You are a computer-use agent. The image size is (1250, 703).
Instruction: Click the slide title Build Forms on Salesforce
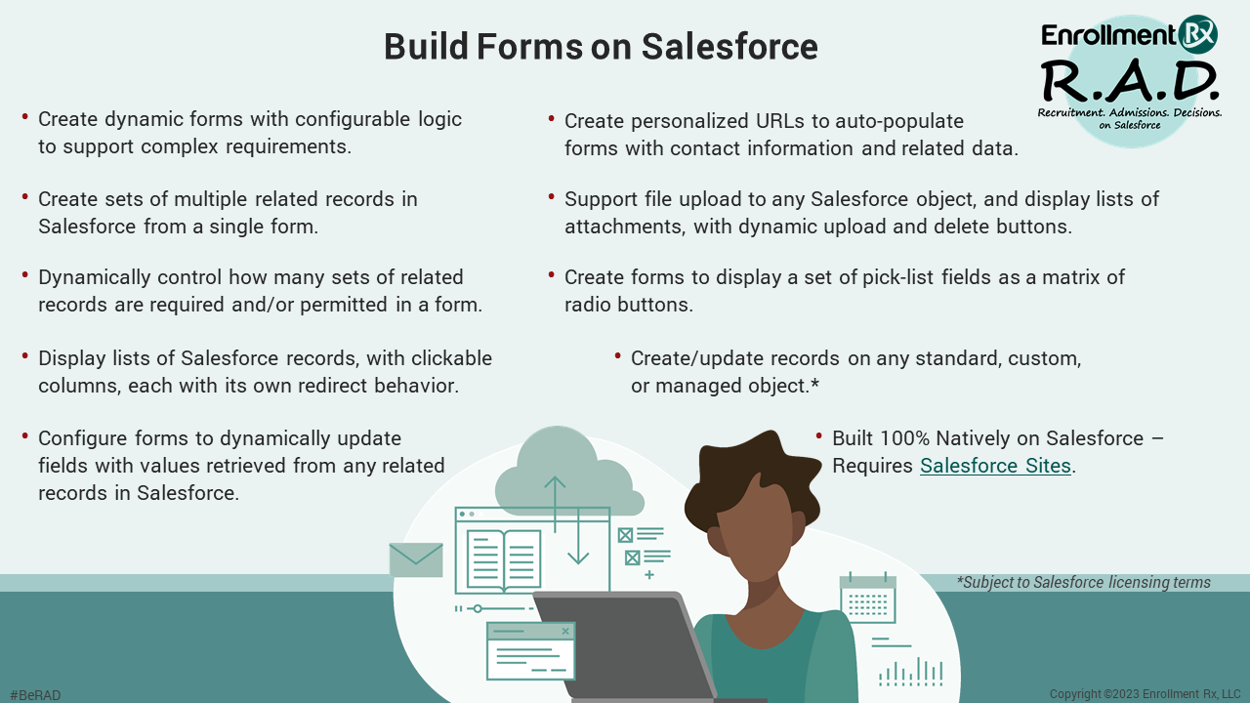(x=601, y=47)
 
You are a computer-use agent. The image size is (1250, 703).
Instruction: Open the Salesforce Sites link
(x=995, y=466)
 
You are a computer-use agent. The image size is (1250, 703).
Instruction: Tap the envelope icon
(x=416, y=559)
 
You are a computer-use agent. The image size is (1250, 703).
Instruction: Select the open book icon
(x=504, y=559)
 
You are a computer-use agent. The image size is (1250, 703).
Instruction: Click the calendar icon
(x=867, y=599)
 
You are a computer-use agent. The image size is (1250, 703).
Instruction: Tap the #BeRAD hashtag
(x=35, y=695)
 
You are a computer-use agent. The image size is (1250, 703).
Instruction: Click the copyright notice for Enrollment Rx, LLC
(x=1145, y=694)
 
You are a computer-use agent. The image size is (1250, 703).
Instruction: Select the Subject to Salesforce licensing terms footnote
(x=1084, y=583)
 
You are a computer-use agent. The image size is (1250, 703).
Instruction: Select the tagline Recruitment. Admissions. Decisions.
(x=1129, y=114)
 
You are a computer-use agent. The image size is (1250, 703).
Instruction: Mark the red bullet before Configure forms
(x=24, y=436)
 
